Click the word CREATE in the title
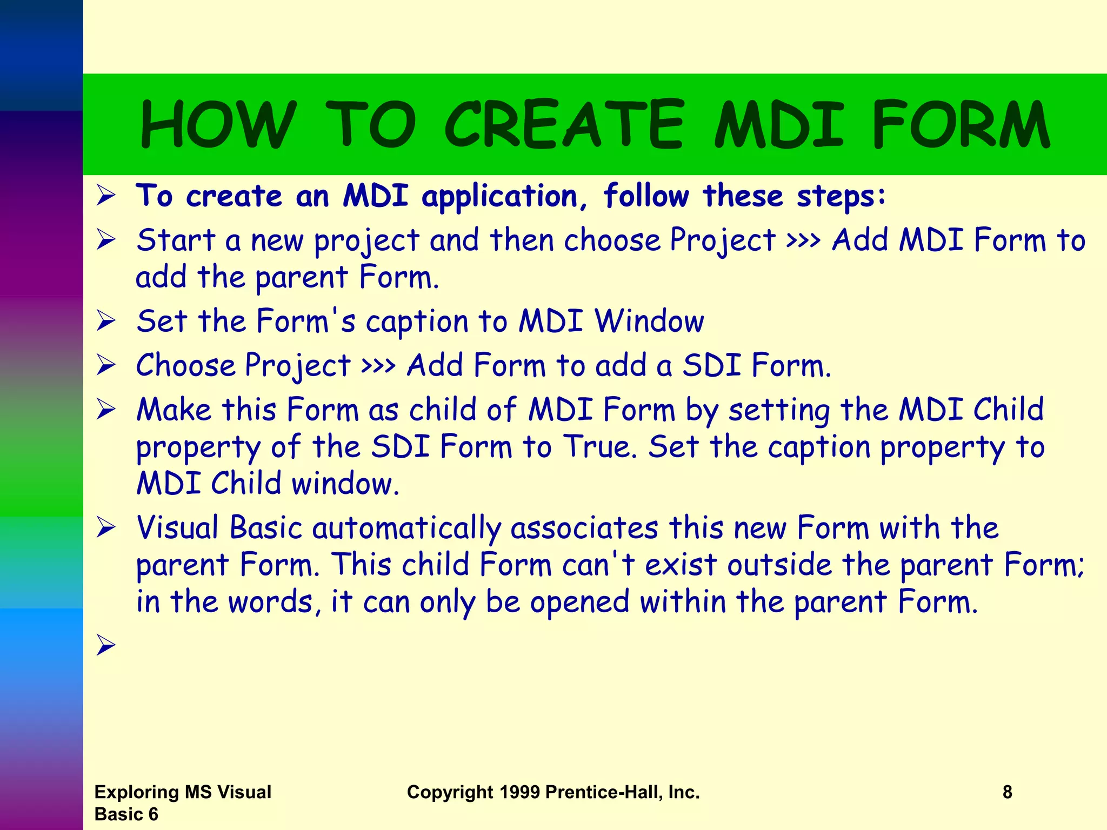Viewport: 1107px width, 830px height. tap(564, 124)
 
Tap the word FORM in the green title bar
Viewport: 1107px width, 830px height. tap(961, 124)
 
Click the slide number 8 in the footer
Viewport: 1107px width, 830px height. tap(1007, 792)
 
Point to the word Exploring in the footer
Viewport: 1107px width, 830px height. tap(137, 792)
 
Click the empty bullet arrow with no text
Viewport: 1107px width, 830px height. tap(106, 645)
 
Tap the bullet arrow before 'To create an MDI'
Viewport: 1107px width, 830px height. tap(106, 195)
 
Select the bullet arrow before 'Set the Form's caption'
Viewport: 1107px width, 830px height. tap(106, 321)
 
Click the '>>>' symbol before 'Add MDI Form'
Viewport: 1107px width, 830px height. tap(803, 241)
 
